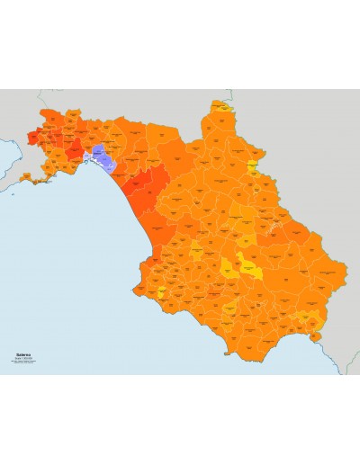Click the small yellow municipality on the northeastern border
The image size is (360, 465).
pos(254,166)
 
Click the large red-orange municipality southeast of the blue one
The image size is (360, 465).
pos(142,189)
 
